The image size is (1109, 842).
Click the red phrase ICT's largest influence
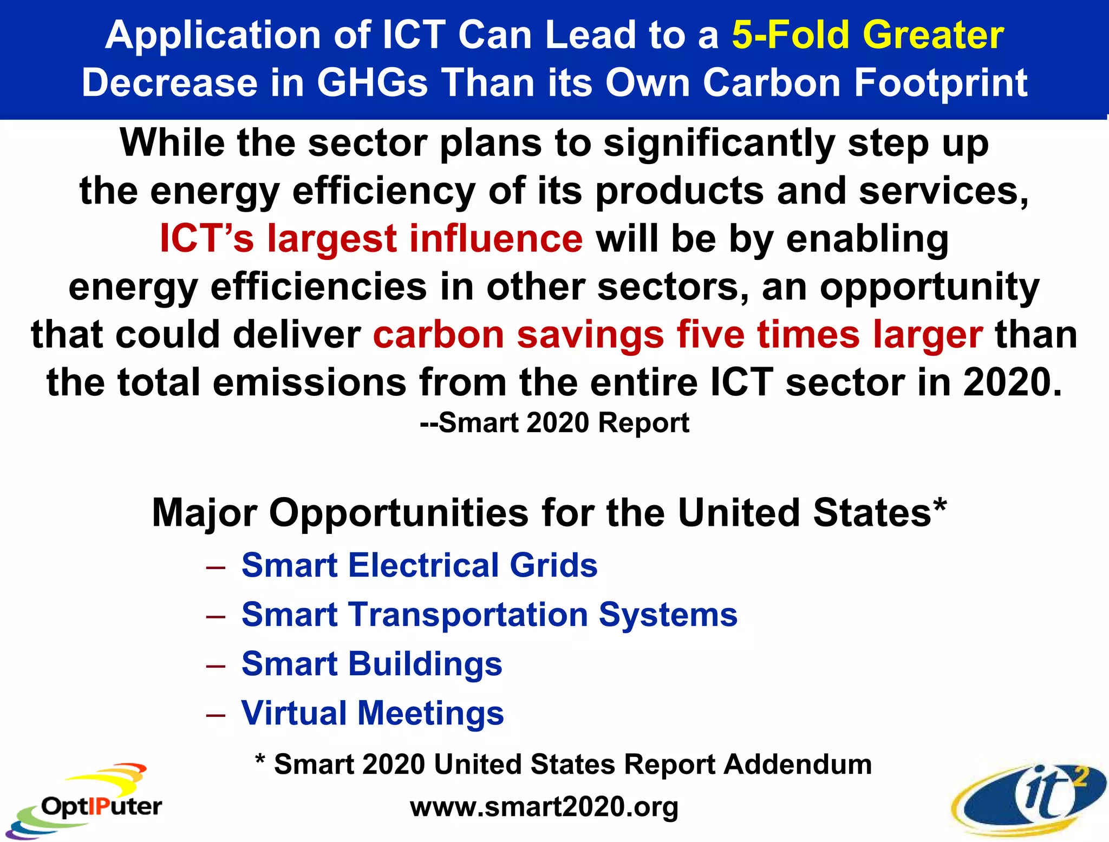point(371,239)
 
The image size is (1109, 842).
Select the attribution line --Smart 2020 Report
point(554,422)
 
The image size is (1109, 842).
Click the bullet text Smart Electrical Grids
point(419,565)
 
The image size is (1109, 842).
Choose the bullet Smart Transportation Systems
point(489,615)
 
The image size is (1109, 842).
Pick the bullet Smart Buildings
point(371,664)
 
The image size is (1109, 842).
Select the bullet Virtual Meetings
point(373,713)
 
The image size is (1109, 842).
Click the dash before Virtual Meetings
point(216,715)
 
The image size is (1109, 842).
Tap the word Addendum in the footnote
point(797,764)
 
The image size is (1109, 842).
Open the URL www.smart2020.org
point(544,807)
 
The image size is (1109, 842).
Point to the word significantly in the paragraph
point(719,143)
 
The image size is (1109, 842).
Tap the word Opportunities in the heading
point(399,513)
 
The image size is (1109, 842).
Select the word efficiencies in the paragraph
point(318,287)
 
